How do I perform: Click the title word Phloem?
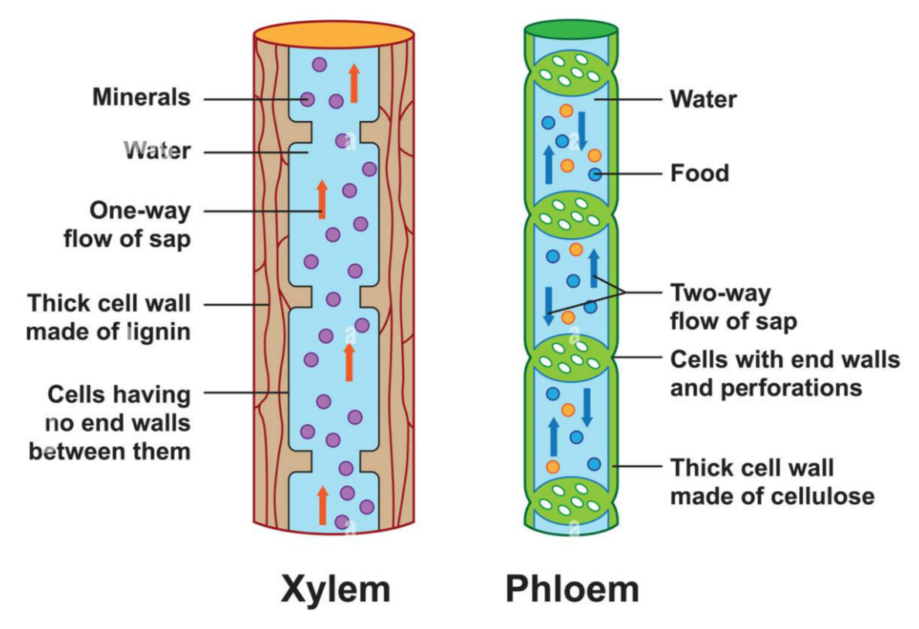[572, 589]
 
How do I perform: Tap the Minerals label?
[141, 98]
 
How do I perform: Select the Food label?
[699, 173]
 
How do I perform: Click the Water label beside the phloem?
[703, 99]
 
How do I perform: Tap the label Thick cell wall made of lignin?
[108, 317]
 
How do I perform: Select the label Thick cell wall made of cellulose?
[771, 481]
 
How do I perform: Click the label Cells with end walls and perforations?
[784, 373]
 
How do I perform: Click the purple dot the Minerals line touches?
[307, 99]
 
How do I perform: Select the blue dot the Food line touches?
[595, 174]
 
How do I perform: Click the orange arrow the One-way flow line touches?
[322, 199]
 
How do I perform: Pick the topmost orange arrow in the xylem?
[354, 83]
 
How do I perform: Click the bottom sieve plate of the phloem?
[571, 502]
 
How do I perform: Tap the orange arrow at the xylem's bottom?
[323, 505]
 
